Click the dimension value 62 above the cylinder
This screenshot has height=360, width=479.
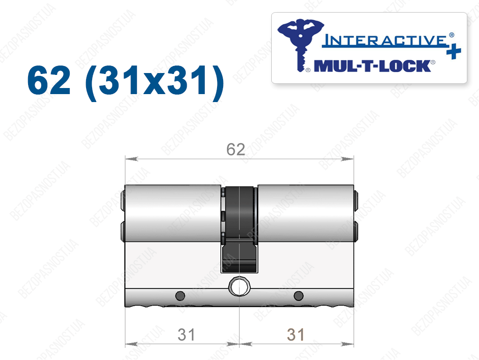[236, 149]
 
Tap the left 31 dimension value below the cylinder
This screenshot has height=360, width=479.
[186, 335]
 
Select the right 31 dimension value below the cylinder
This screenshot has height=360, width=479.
[296, 335]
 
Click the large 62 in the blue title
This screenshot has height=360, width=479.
[49, 81]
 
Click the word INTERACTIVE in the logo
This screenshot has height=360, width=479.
[385, 41]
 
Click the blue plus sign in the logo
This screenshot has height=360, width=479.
[454, 51]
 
